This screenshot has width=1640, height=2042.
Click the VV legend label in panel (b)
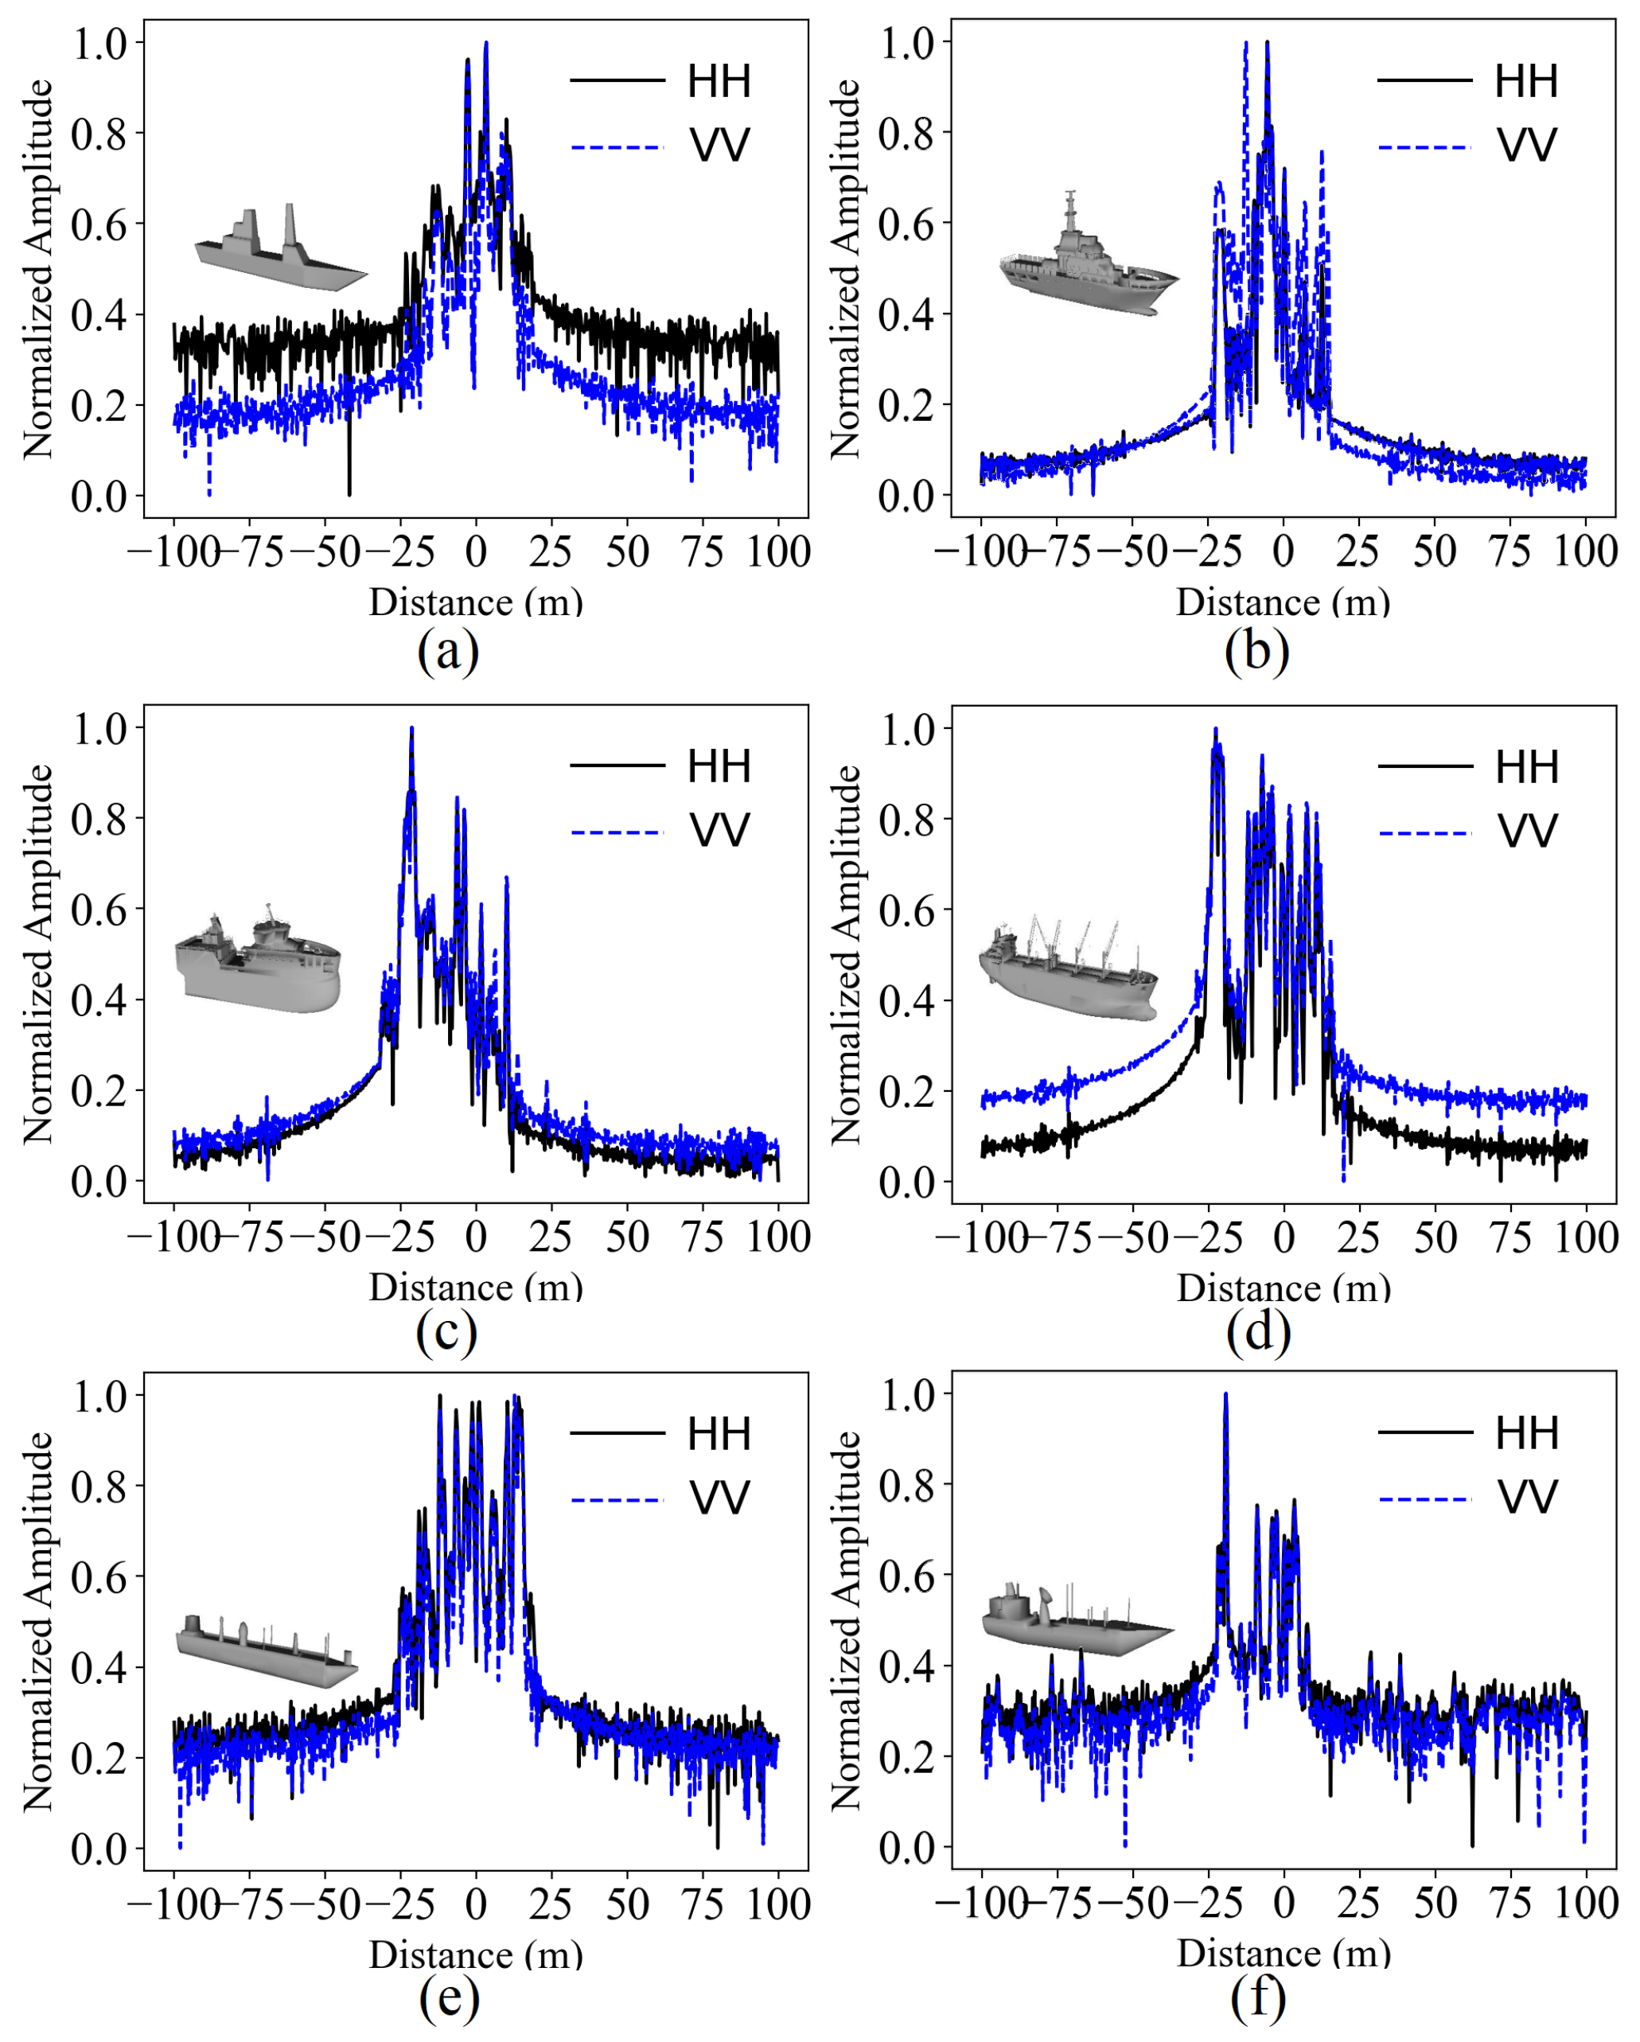[x=1526, y=146]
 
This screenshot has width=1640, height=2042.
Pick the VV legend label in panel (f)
[x=1526, y=1498]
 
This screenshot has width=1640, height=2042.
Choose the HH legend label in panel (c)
[x=719, y=766]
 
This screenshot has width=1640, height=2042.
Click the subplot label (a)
[x=448, y=652]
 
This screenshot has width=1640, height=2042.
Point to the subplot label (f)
[x=1257, y=1997]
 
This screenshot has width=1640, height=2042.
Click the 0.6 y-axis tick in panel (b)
[x=906, y=224]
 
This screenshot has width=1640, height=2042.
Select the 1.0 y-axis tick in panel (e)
[x=99, y=1397]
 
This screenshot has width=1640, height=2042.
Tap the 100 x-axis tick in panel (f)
[x=1586, y=1904]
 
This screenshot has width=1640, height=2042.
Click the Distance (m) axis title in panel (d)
[x=1283, y=1288]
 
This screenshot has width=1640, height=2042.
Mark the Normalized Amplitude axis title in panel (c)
[x=38, y=955]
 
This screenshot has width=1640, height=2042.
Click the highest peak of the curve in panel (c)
[x=412, y=729]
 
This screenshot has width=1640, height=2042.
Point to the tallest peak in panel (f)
[x=1225, y=1395]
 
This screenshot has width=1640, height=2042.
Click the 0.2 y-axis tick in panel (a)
[x=99, y=405]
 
